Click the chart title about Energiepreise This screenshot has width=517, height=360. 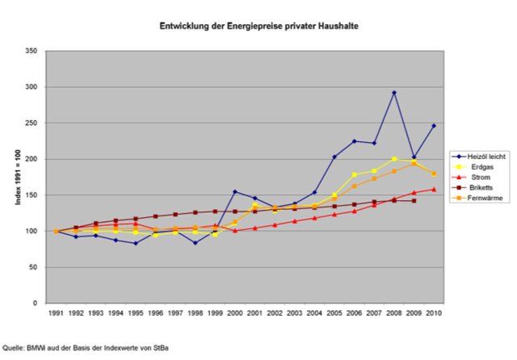point(258,27)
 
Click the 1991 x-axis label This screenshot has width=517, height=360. point(56,312)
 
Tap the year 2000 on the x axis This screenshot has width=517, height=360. point(235,312)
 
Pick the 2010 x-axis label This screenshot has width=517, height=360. point(434,312)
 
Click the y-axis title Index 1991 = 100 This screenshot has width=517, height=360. point(17,177)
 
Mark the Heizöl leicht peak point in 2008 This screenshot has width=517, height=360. point(394,93)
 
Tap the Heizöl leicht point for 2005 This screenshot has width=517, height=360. point(334,157)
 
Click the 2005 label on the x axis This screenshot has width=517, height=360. point(334,312)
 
